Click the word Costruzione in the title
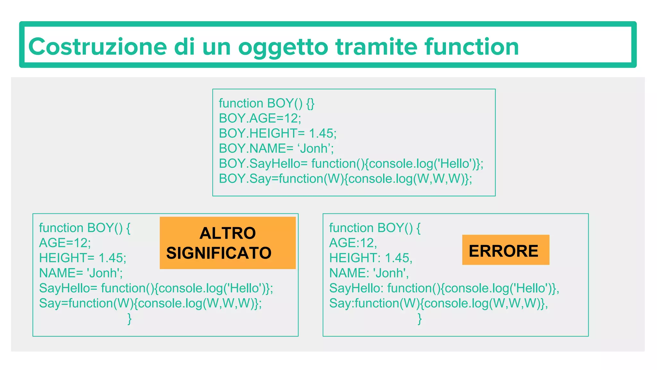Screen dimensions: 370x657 pyautogui.click(x=98, y=47)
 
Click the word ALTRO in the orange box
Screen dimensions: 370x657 pyautogui.click(x=227, y=233)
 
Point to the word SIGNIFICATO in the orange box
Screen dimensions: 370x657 pyautogui.click(x=219, y=253)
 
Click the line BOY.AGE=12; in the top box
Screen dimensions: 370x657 pyautogui.click(x=260, y=118)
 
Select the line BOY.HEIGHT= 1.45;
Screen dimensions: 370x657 pyautogui.click(x=277, y=133)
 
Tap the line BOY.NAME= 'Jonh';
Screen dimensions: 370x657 pyautogui.click(x=276, y=148)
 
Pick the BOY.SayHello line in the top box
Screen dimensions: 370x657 pyautogui.click(x=351, y=163)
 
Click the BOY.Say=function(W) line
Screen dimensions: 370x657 pyautogui.click(x=345, y=179)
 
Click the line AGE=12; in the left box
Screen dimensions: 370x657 pyautogui.click(x=65, y=243)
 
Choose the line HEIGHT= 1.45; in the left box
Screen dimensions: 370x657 pyautogui.click(x=82, y=258)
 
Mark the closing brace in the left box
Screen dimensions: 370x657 pyautogui.click(x=130, y=319)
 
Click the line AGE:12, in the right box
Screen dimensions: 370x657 pyautogui.click(x=353, y=243)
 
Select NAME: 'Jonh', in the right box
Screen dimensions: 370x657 pyautogui.click(x=369, y=273)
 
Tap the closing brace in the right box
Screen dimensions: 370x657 pyautogui.click(x=420, y=319)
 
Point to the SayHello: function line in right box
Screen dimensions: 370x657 pyautogui.click(x=444, y=288)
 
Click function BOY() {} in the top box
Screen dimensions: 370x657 pyautogui.click(x=267, y=103)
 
